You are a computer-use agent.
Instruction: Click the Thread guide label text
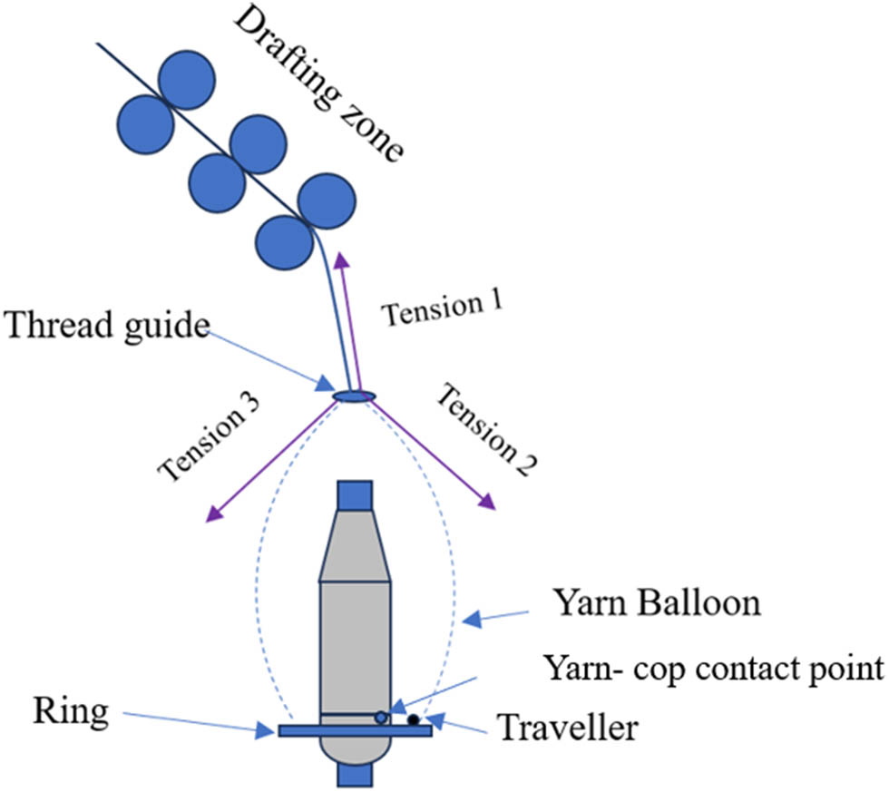click(x=107, y=326)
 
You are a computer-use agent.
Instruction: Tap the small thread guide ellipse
click(x=354, y=395)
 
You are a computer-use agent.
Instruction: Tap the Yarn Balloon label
click(x=658, y=602)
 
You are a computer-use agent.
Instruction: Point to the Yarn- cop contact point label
click(x=713, y=669)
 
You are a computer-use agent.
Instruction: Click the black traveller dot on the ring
click(x=414, y=720)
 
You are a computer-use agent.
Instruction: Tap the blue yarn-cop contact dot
click(x=381, y=718)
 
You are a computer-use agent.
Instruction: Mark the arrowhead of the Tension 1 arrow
click(x=340, y=261)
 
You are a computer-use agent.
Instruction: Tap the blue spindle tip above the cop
click(x=354, y=494)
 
